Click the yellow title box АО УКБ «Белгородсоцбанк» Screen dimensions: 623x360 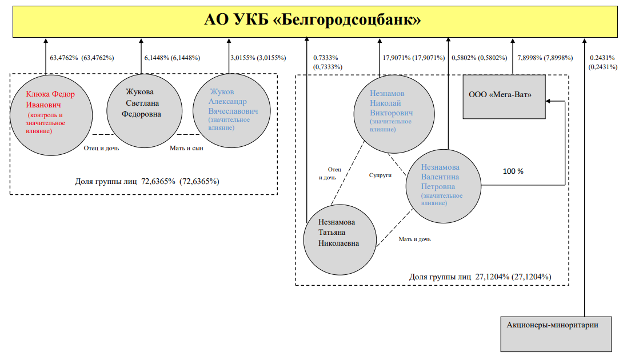pyautogui.click(x=315, y=22)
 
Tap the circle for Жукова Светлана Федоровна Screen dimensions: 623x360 pyautogui.click(x=144, y=110)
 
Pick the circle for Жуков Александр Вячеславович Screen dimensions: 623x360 pyautogui.click(x=231, y=110)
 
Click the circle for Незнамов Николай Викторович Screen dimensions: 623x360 pyautogui.click(x=394, y=114)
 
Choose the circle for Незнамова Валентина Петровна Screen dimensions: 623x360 pyautogui.click(x=444, y=186)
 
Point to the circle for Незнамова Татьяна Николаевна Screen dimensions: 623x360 pyautogui.click(x=340, y=239)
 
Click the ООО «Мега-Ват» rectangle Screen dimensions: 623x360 pyautogui.click(x=504, y=97)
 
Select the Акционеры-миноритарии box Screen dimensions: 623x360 pyautogui.click(x=556, y=334)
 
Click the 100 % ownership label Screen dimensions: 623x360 pyautogui.click(x=513, y=171)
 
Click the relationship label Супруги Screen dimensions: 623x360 pyautogui.click(x=380, y=175)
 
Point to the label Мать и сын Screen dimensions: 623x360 pyautogui.click(x=186, y=148)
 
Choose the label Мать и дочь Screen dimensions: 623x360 pyautogui.click(x=415, y=239)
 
